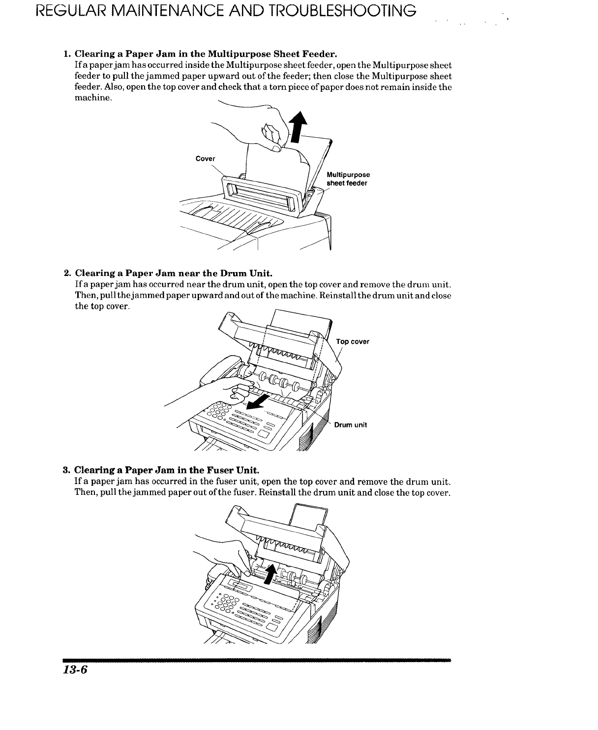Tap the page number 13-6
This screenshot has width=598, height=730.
74,671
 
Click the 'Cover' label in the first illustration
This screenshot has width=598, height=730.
205,158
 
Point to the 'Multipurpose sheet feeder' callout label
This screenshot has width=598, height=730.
348,179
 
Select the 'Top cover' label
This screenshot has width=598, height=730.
353,341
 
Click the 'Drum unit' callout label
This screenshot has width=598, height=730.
351,425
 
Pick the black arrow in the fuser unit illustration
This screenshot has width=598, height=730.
269,574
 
